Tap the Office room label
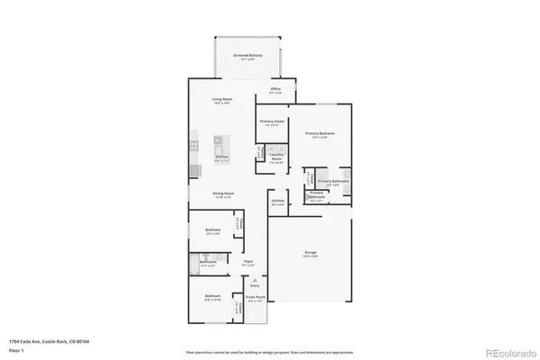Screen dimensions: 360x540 (x=276, y=90)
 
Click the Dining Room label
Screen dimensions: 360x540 (x=223, y=193)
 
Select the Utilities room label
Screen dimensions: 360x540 (x=278, y=202)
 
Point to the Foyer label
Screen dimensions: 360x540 (x=247, y=264)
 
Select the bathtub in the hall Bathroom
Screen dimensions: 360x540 (x=195, y=262)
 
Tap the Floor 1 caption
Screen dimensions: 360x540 (x=16, y=351)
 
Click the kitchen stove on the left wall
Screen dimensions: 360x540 (x=193, y=143)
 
